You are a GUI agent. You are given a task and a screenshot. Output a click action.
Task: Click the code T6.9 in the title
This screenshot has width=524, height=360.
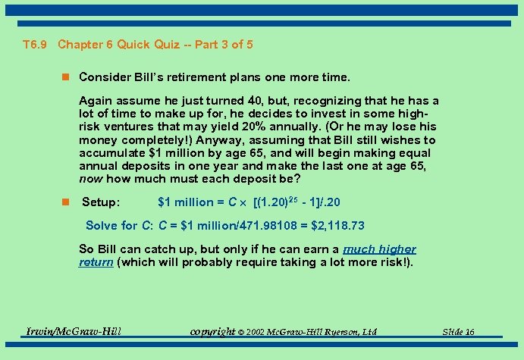tap(36, 45)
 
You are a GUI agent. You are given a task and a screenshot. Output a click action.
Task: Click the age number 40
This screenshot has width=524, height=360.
tap(256, 101)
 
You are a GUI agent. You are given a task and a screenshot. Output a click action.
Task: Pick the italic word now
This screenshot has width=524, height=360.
tap(91, 180)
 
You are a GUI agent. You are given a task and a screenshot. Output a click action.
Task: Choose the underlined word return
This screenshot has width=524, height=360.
tap(96, 262)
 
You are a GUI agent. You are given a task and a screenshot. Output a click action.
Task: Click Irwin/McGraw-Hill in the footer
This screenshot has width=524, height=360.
tap(74, 331)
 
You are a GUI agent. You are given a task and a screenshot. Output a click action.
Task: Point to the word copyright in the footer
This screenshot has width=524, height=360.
tap(212, 332)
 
